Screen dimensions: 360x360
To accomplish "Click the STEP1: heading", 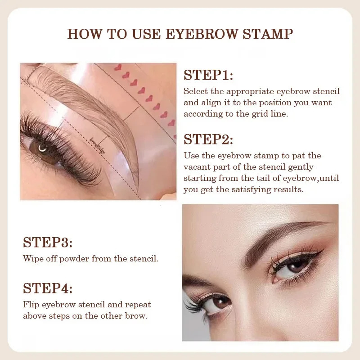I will [x=208, y=75].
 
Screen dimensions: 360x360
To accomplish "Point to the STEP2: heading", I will [x=208, y=139].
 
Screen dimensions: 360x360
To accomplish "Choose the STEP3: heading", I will [x=48, y=243].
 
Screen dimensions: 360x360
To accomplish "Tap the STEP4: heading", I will [x=48, y=288].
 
